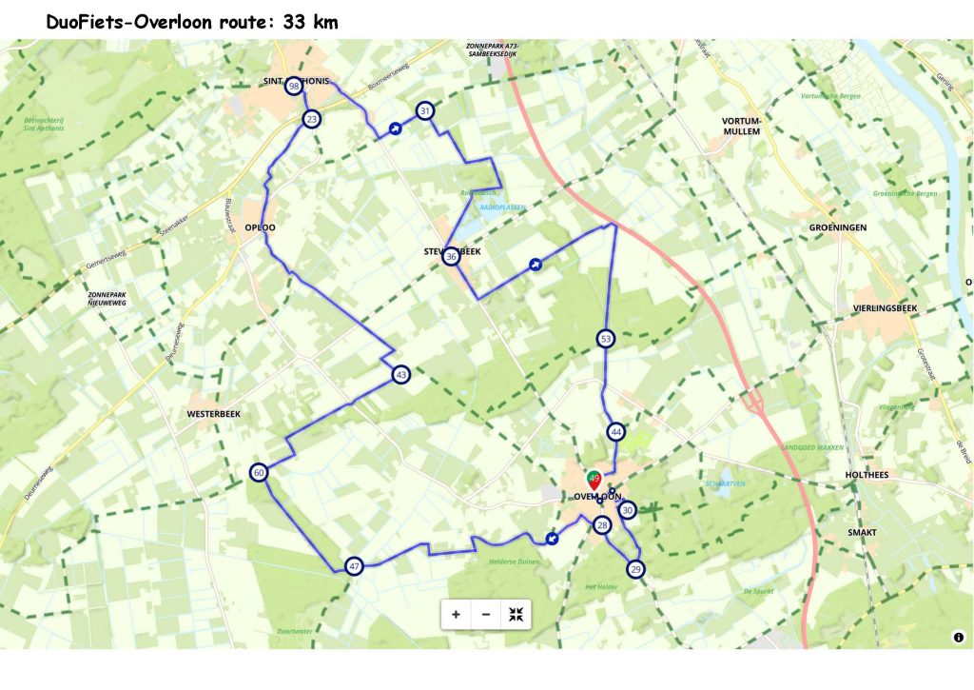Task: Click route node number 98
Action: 294,86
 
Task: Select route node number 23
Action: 311,119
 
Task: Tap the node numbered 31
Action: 425,111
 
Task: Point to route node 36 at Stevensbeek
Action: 452,256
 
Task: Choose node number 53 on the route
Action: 606,338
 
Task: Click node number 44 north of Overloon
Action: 616,432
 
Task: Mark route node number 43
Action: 400,375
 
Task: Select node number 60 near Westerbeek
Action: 259,472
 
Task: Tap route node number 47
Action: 354,566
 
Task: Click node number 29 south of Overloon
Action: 635,569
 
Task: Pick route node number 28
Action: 601,525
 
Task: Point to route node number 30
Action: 627,510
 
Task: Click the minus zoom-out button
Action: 486,614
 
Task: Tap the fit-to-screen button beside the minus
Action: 516,614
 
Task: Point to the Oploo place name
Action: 260,227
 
